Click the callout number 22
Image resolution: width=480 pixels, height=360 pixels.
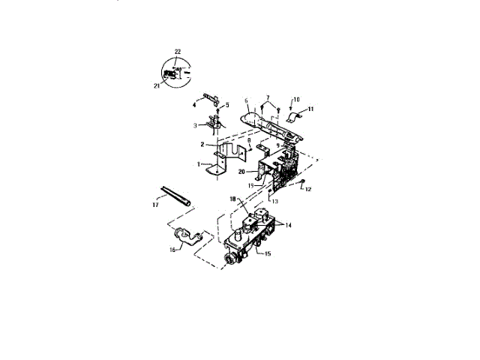click(178, 51)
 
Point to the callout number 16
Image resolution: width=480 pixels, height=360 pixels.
click(172, 249)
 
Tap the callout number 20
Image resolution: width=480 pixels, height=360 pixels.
click(241, 172)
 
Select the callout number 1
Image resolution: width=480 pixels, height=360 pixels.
click(199, 163)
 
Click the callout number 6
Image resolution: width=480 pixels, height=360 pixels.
click(245, 100)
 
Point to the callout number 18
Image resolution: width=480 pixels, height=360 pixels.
click(234, 198)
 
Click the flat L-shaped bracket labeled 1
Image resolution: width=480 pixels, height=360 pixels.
click(217, 164)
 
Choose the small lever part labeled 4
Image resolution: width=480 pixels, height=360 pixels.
click(210, 97)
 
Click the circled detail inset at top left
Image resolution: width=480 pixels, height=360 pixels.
click(174, 71)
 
